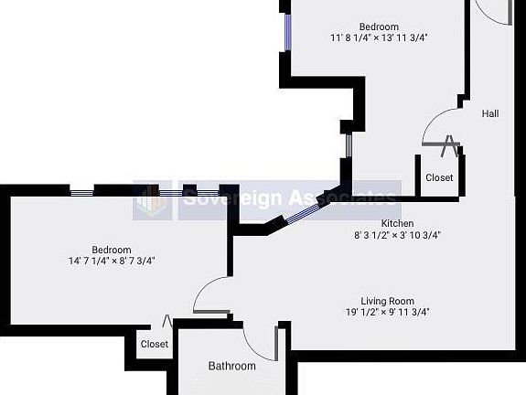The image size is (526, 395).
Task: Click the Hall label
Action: (490, 113)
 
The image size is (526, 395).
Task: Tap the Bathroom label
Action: (231, 366)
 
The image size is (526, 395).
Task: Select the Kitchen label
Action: (397, 223)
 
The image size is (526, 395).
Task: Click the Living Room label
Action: (388, 301)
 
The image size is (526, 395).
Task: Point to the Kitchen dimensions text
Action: (398, 235)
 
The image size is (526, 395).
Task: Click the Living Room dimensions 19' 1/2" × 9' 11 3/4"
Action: (388, 312)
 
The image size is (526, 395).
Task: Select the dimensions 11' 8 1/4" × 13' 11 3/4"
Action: (379, 37)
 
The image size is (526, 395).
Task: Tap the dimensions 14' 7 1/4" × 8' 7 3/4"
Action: (112, 261)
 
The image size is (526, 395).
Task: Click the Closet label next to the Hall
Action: (439, 177)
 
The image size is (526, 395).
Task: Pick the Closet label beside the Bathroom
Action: (155, 344)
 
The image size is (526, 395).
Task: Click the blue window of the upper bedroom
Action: (288, 32)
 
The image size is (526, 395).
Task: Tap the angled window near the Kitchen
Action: (303, 213)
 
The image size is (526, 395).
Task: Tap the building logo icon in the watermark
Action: (152, 200)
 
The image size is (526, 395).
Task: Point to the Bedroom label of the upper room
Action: (379, 27)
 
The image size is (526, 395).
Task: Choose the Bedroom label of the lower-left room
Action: (112, 250)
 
